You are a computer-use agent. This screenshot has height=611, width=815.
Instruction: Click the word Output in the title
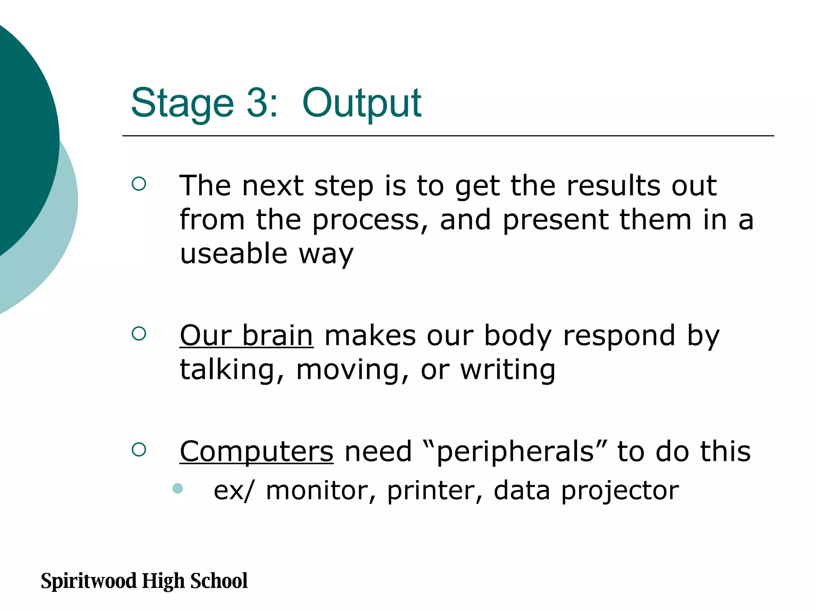click(361, 103)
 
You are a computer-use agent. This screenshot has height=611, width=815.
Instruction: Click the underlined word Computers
click(256, 452)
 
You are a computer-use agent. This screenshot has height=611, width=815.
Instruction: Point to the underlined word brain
click(278, 336)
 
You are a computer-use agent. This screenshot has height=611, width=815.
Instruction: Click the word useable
click(234, 254)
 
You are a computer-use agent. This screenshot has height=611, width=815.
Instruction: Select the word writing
click(508, 370)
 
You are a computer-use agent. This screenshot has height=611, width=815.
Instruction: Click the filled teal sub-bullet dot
click(177, 488)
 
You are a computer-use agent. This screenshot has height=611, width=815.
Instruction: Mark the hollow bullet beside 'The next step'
click(139, 184)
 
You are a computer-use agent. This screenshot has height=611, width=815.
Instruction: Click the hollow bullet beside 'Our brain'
click(139, 333)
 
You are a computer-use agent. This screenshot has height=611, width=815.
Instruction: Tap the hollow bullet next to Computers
click(139, 450)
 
